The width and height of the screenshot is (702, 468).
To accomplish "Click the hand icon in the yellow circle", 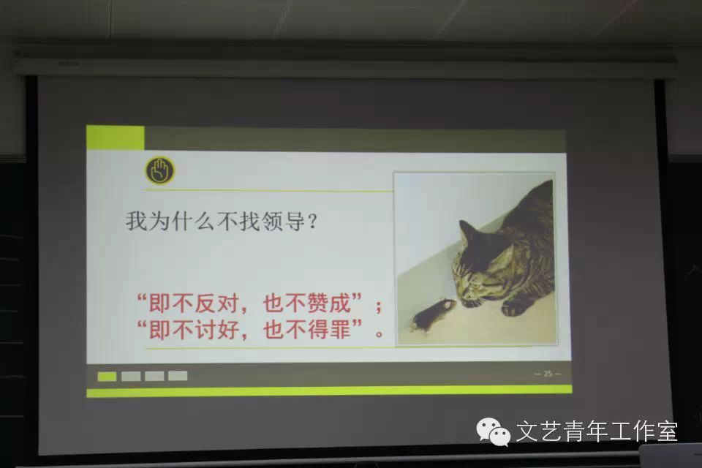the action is coord(159,170).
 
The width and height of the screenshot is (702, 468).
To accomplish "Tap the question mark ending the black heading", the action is coord(313,222).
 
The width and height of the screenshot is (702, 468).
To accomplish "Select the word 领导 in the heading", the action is coord(283,221).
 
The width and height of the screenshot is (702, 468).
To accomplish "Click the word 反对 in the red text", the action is coord(217,303).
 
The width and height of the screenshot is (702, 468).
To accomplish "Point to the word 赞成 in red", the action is coord(328,303).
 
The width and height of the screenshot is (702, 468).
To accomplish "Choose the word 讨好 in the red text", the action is coord(217,330).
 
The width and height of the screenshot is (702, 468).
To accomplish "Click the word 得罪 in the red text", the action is coord(328,329).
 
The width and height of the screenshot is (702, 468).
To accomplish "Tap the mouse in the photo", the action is coord(432,314).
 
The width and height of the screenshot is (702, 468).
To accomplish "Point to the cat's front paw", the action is coord(514,308).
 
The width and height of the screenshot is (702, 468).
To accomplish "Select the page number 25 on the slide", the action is coord(548,374).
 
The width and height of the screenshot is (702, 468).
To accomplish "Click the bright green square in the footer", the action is coord(107,376).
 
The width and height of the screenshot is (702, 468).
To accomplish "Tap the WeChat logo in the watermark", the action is coord(493,431).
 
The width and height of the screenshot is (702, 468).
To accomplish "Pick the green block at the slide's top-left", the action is coord(115,137).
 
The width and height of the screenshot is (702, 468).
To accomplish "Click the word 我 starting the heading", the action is coord(136,221).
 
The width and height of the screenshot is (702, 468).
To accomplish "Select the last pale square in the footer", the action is coord(178,376).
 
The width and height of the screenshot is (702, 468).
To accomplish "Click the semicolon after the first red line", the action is coord(379,306).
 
